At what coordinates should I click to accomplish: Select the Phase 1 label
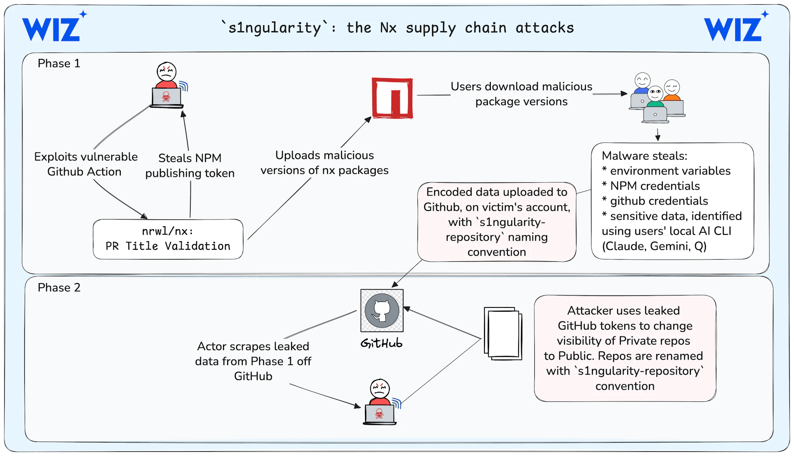click(59, 64)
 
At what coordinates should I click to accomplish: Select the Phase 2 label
click(59, 288)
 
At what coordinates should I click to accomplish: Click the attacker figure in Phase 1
click(167, 85)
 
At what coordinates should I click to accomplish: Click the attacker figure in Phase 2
click(380, 402)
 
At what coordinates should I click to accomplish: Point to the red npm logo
click(392, 98)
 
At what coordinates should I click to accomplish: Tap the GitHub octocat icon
click(382, 310)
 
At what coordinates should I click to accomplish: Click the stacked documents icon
click(503, 333)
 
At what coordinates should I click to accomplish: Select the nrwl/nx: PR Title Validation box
click(168, 239)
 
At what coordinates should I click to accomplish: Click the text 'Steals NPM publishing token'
click(190, 166)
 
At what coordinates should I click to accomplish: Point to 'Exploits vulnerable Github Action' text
click(85, 164)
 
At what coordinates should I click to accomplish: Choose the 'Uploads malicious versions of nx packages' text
click(325, 163)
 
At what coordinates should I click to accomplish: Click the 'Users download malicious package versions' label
click(521, 94)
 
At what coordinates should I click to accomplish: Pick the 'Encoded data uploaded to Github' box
click(497, 222)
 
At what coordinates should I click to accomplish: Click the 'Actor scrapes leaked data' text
click(253, 361)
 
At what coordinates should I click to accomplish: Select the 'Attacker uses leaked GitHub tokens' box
click(625, 348)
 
